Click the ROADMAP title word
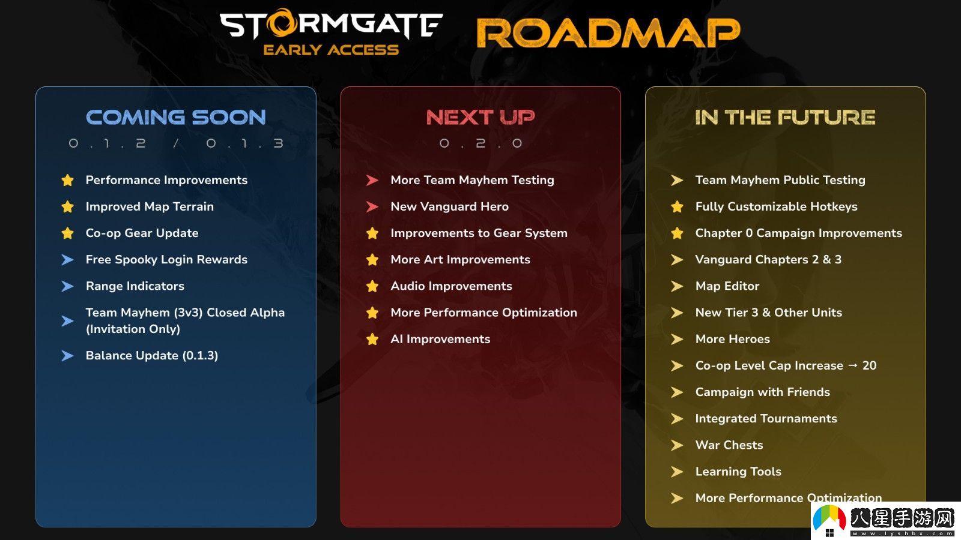(608, 33)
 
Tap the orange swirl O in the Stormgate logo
(283, 23)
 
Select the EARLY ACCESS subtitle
(331, 50)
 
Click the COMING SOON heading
(176, 118)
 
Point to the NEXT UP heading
(480, 118)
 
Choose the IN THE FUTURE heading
(785, 118)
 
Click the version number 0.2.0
(480, 143)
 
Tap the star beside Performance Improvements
(67, 180)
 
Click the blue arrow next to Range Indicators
(67, 286)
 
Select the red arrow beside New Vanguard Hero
(372, 206)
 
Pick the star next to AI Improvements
(372, 339)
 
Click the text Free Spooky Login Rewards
(166, 260)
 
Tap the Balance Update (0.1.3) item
(152, 356)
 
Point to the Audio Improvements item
(451, 286)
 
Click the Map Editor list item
(727, 286)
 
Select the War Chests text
(729, 445)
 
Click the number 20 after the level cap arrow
(869, 365)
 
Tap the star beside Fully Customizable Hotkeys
(677, 206)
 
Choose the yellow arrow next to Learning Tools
(677, 472)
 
